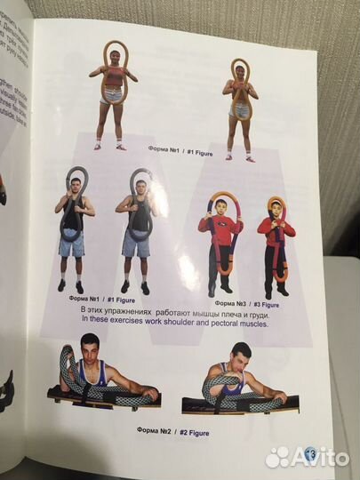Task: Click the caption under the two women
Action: tap(174, 150)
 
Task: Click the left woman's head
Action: tap(115, 59)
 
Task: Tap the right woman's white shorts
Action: tap(240, 112)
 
